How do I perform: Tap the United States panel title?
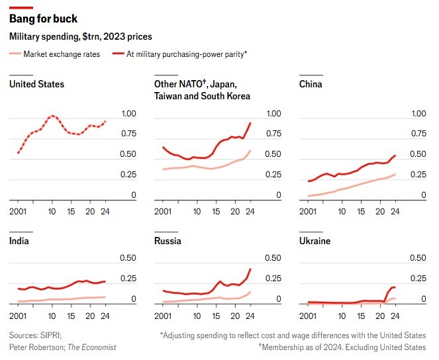click(x=36, y=84)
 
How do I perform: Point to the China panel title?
click(x=311, y=84)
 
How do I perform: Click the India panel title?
click(x=19, y=241)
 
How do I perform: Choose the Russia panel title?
click(x=168, y=241)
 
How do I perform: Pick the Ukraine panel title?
click(x=315, y=241)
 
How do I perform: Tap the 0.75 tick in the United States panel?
click(x=128, y=134)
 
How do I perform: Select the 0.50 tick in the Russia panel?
click(x=273, y=258)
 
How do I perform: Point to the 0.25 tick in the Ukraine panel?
click(x=418, y=279)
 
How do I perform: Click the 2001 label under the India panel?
click(x=19, y=314)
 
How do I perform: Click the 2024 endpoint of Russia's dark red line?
click(x=250, y=269)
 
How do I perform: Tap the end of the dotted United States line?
click(x=106, y=120)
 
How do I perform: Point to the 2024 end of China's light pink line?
click(x=395, y=174)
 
